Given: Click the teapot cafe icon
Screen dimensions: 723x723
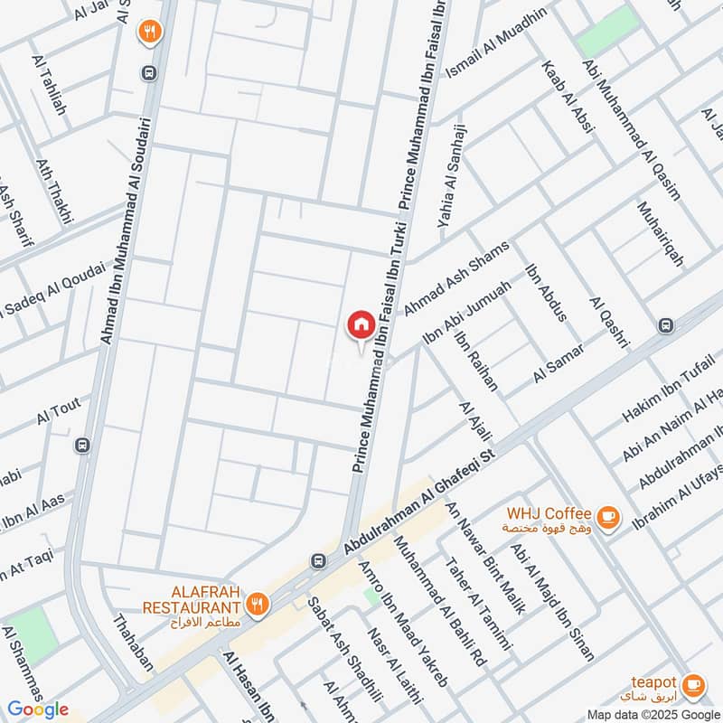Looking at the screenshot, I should [693, 685].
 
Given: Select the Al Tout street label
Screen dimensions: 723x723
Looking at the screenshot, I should [59, 416].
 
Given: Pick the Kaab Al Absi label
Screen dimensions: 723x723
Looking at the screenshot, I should [567, 98].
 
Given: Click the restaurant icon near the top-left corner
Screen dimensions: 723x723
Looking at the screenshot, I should [149, 33].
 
